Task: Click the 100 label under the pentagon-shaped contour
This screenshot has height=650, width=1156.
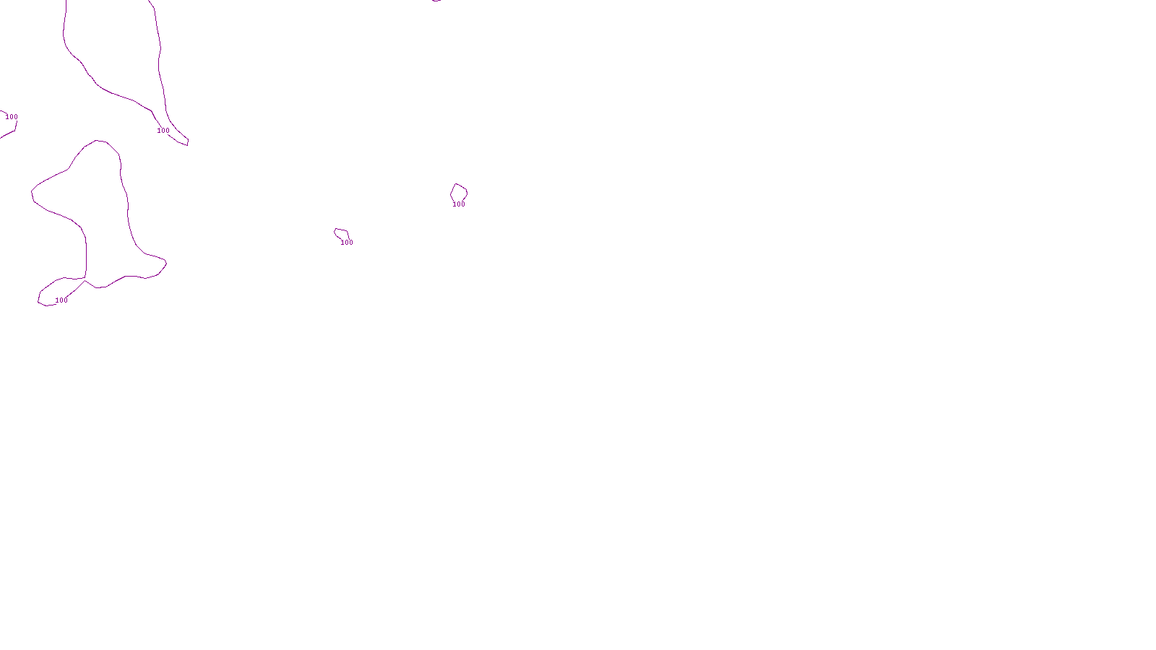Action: point(459,204)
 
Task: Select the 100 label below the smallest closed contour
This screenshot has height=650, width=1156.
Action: point(347,243)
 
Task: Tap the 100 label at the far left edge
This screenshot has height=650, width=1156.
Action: point(12,117)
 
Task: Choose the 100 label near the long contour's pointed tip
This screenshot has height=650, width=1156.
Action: point(163,131)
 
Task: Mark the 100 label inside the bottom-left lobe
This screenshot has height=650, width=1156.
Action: point(61,300)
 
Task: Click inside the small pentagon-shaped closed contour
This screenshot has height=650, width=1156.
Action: point(459,193)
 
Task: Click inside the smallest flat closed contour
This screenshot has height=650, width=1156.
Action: point(342,233)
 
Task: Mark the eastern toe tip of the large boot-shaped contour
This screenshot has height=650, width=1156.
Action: point(165,262)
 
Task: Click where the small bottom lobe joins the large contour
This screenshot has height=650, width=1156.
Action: point(85,279)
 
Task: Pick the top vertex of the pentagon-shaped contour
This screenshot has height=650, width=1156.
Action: point(457,184)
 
